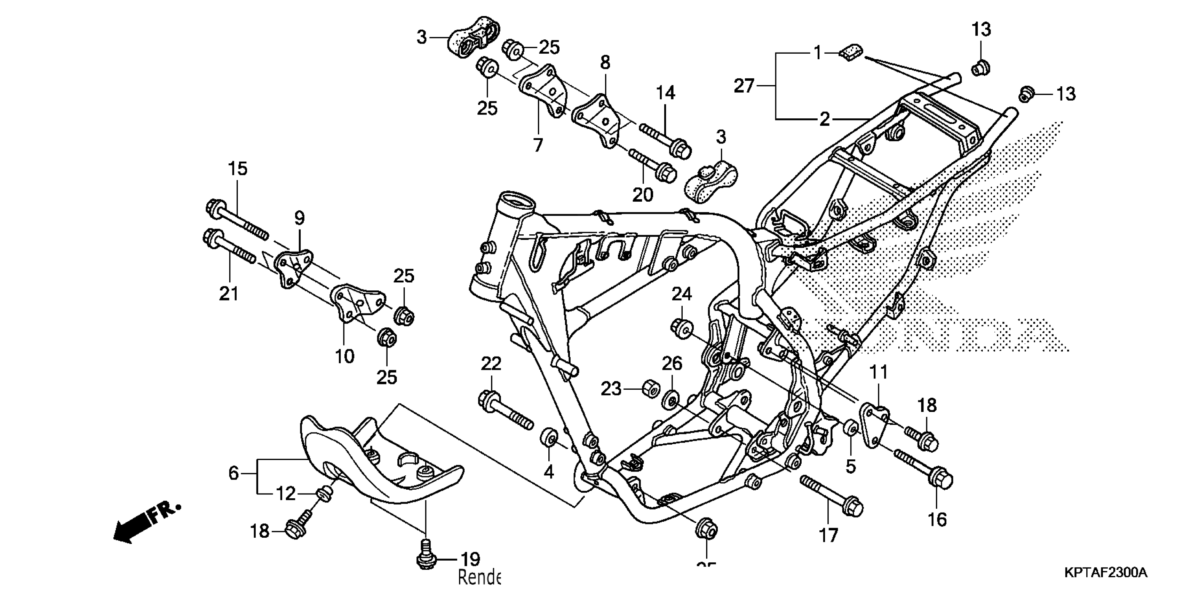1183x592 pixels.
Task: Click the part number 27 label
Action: point(744,86)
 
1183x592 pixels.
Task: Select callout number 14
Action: point(665,93)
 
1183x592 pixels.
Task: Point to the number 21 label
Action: point(229,293)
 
